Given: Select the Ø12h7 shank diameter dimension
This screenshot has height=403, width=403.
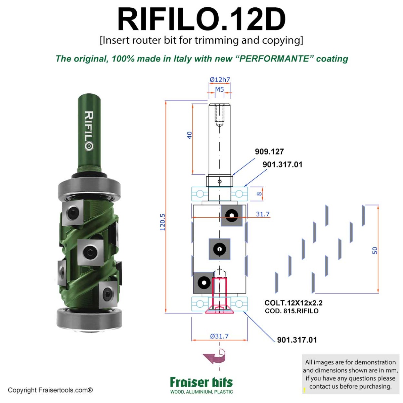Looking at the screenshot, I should pyautogui.click(x=220, y=80).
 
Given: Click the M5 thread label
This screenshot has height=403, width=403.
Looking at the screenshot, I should pyautogui.click(x=219, y=90).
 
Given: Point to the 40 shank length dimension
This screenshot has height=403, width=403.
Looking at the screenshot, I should pyautogui.click(x=189, y=135).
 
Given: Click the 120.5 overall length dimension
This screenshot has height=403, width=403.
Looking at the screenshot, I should pyautogui.click(x=163, y=222).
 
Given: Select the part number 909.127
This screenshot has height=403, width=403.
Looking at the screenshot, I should pyautogui.click(x=269, y=152).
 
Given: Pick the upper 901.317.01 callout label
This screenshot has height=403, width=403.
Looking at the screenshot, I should pyautogui.click(x=282, y=165).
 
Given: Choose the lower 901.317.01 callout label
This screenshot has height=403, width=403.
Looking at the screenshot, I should pyautogui.click(x=297, y=340).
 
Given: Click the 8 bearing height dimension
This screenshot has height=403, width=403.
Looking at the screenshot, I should pyautogui.click(x=259, y=194).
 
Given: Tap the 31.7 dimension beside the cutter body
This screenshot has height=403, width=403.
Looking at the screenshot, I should pyautogui.click(x=263, y=214).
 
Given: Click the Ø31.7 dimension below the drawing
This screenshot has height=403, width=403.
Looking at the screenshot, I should pyautogui.click(x=219, y=336).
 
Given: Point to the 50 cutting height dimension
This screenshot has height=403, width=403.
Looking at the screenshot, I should pyautogui.click(x=375, y=251).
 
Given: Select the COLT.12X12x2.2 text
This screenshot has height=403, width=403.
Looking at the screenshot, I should pyautogui.click(x=293, y=303).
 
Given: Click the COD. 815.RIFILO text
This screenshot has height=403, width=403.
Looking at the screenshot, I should pyautogui.click(x=292, y=311).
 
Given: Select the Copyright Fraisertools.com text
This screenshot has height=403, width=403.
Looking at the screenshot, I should pyautogui.click(x=50, y=390).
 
